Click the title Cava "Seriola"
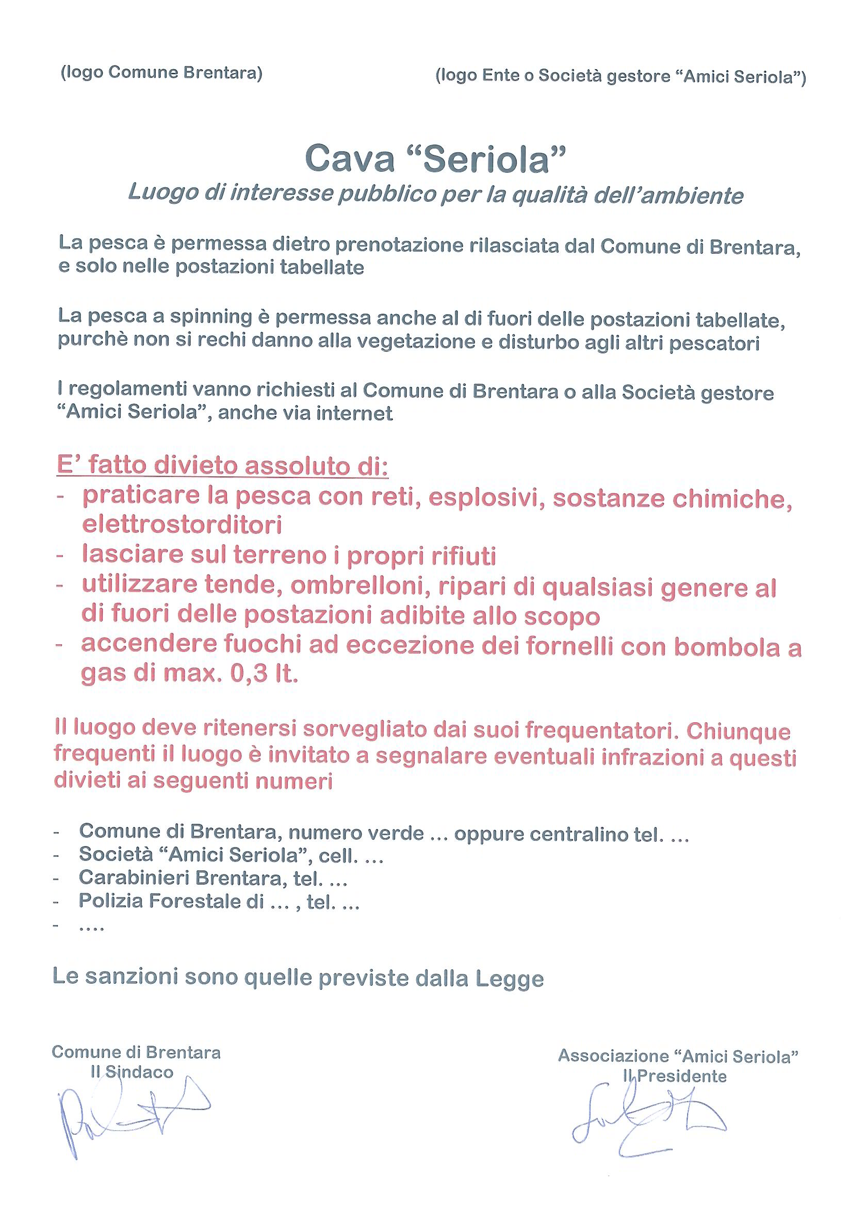(x=435, y=159)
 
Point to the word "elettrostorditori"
(x=182, y=525)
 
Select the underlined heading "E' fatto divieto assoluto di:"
(x=222, y=466)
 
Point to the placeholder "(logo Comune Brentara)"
(x=161, y=73)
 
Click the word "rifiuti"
(x=464, y=556)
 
